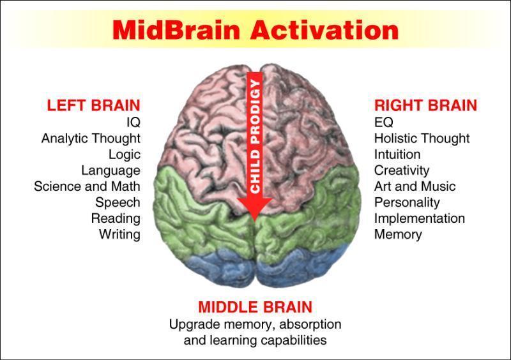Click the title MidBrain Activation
point(256,29)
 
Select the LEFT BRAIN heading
point(93,105)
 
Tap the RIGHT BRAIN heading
point(425,105)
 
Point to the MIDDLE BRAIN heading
point(255,306)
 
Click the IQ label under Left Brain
point(133,122)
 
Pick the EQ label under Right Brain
point(383,122)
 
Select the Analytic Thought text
point(91,138)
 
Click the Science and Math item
point(87,186)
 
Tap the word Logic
point(125,154)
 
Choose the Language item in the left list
point(111,170)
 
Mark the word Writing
point(119,234)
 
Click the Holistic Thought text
point(422,138)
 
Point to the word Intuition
point(397,154)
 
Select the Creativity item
point(402,170)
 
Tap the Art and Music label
point(415,186)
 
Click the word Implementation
point(419,218)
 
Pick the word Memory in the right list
point(398,234)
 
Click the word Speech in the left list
point(118,202)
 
